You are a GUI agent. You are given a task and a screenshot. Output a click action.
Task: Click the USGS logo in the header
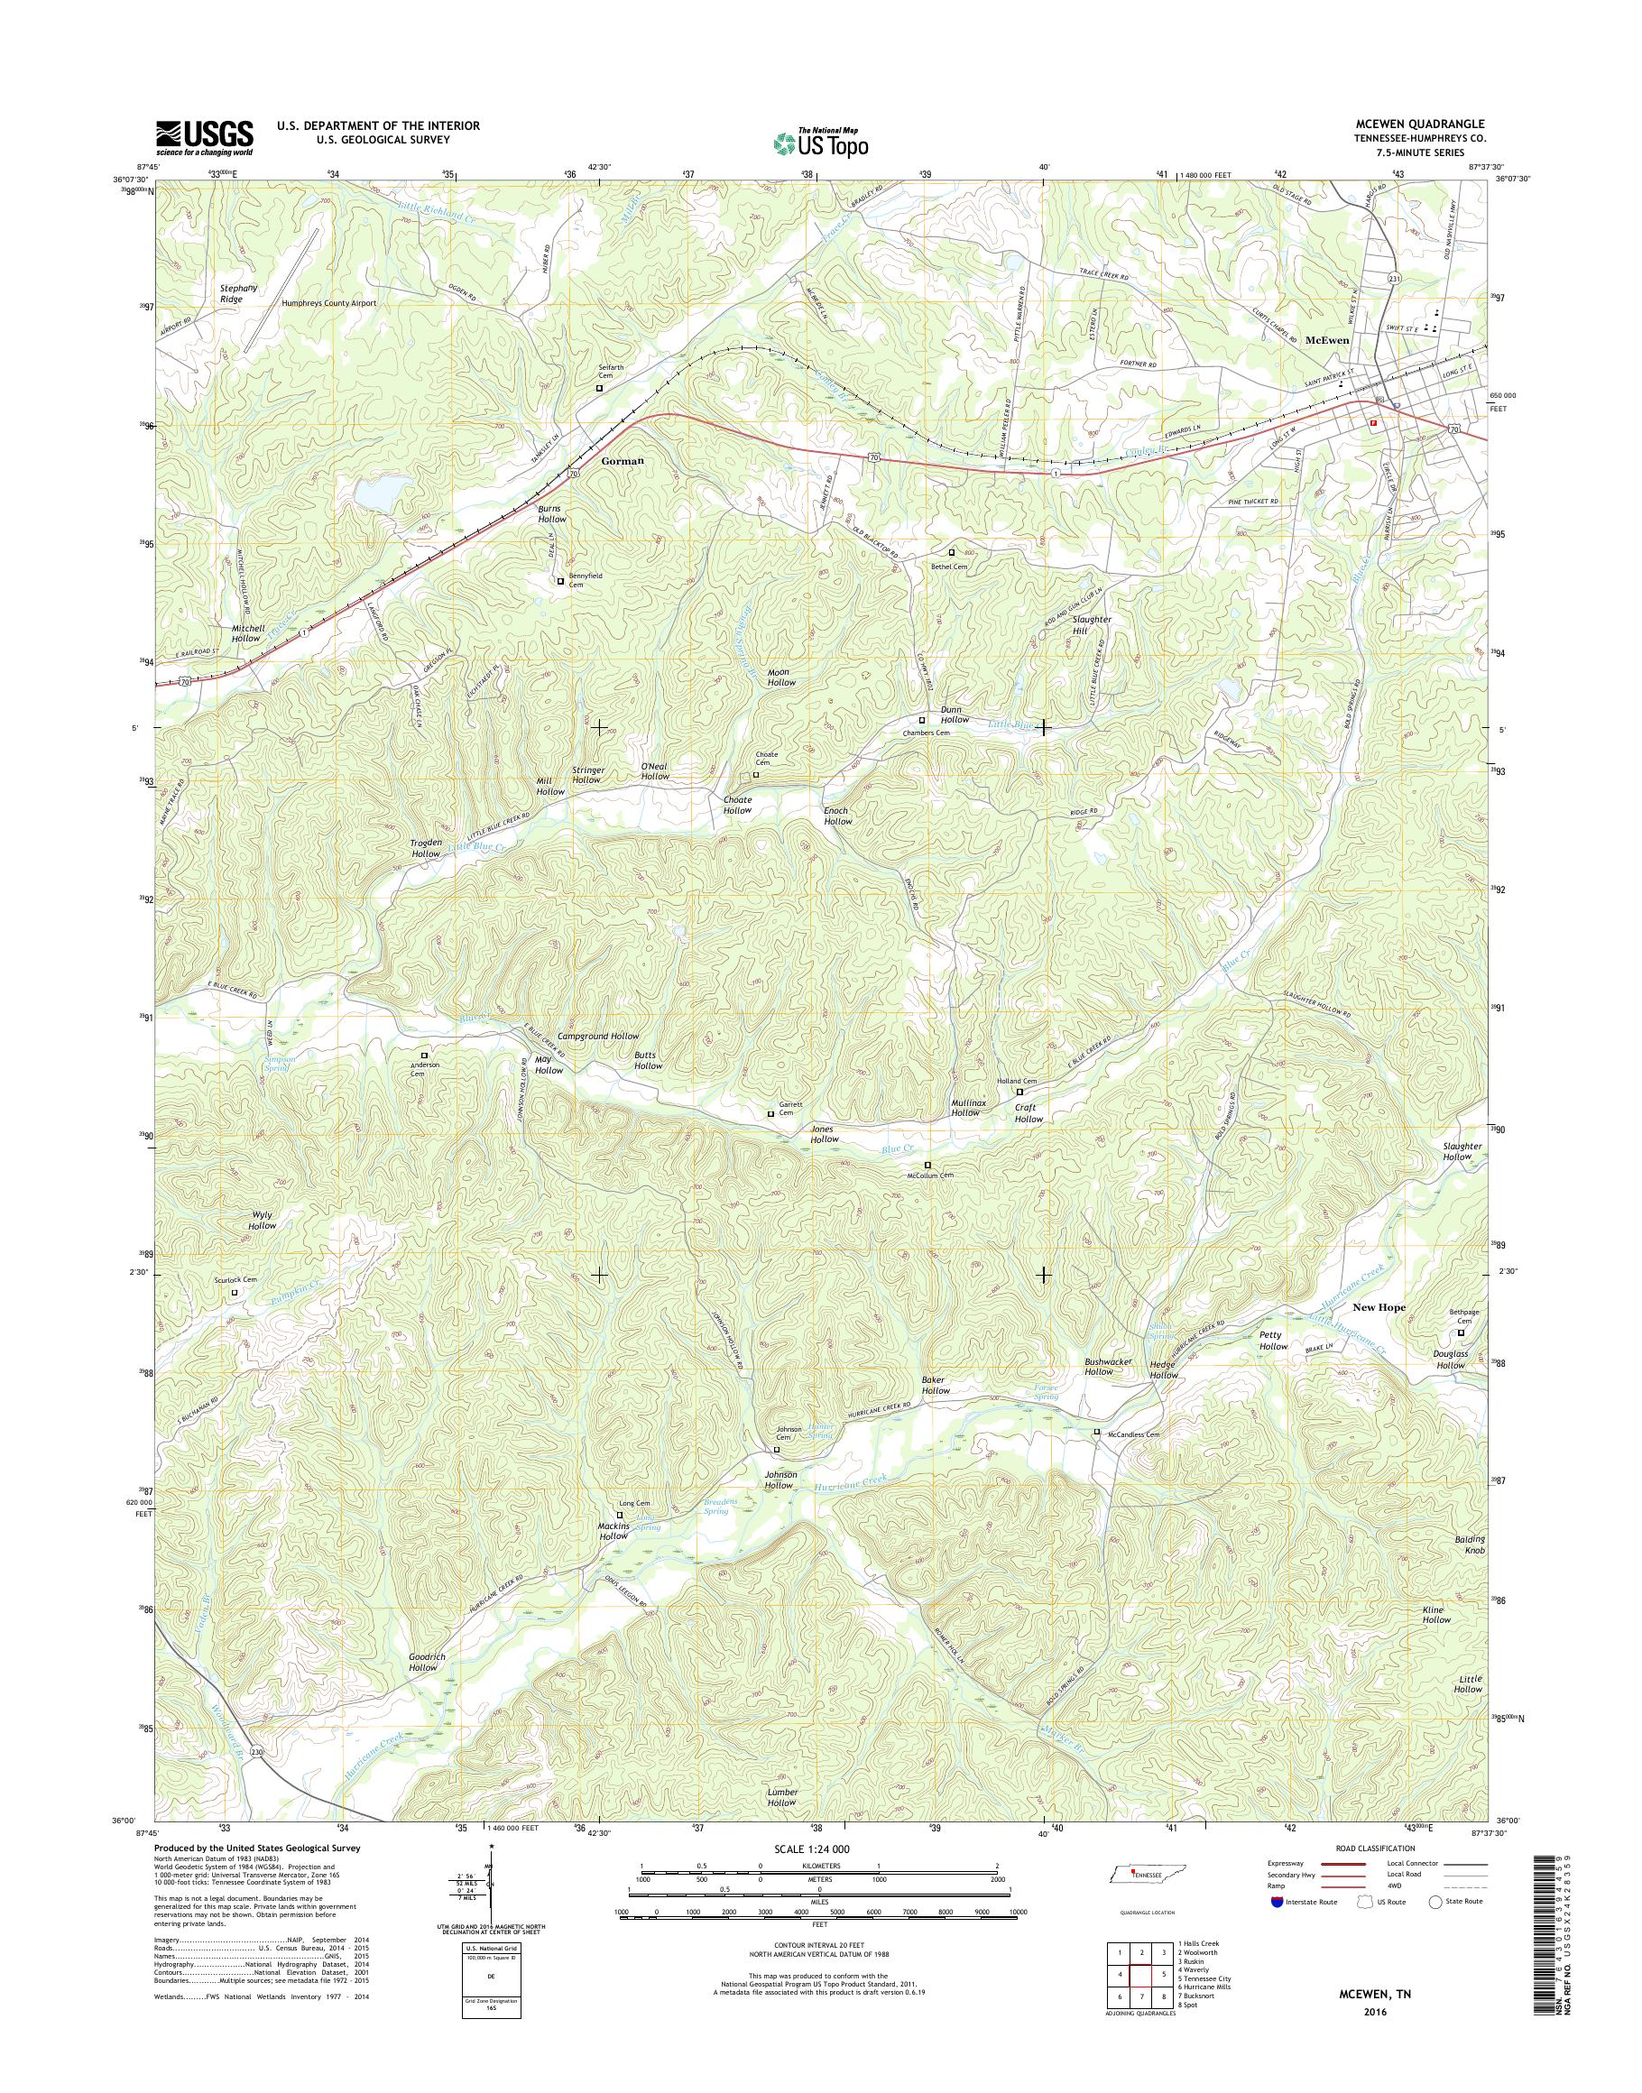(205, 137)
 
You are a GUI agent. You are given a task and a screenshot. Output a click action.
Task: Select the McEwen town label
(1328, 340)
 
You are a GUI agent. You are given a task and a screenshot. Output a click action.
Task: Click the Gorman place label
(621, 462)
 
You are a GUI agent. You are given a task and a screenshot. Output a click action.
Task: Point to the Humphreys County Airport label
(327, 303)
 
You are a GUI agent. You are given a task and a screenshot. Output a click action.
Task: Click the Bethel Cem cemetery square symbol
(952, 553)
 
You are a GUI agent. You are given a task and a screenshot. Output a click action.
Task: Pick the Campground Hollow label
(598, 1037)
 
